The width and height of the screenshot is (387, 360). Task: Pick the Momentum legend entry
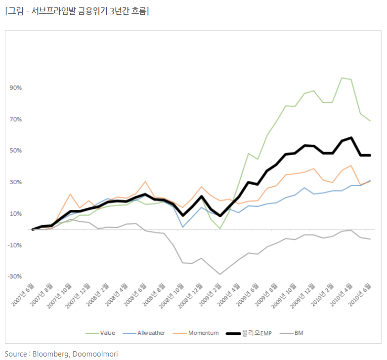203,333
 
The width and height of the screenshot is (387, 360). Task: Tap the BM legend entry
299,333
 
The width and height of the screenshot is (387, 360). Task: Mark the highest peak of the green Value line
342,78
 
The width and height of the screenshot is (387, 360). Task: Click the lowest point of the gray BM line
219,274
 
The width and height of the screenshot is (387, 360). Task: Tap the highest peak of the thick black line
351,138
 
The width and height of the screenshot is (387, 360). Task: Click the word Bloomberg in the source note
52,354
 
